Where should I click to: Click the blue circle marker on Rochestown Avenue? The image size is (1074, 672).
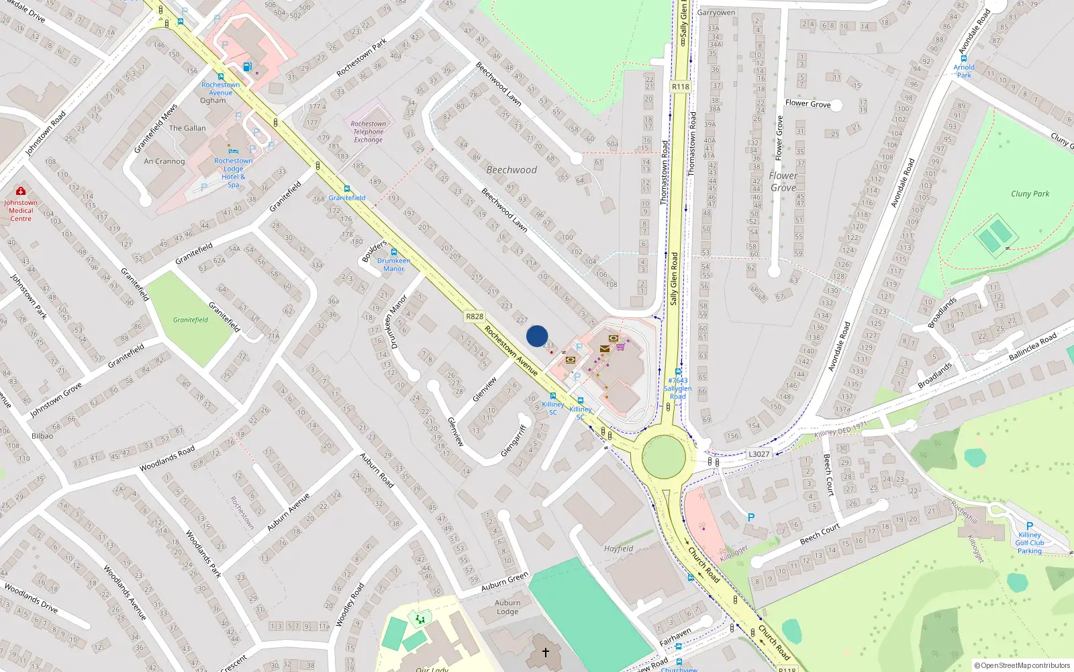coord(537,336)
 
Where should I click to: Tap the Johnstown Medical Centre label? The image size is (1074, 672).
coord(21,210)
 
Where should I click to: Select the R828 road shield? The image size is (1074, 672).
coord(475,316)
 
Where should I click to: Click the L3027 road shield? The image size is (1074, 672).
coord(759,454)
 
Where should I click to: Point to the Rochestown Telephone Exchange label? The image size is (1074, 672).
coord(369,132)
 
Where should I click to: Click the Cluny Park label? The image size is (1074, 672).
coord(1030,194)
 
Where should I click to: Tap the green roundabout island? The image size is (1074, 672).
coord(664,457)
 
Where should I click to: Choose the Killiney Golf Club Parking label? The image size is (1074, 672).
coord(1030,542)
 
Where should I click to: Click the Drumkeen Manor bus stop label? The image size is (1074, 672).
coord(393,264)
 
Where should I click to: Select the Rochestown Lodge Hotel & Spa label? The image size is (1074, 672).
coord(234,173)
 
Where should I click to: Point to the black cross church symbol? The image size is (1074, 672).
coord(546,652)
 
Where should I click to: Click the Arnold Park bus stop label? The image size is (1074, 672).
coord(964,71)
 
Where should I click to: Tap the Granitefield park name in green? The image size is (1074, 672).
coord(191,320)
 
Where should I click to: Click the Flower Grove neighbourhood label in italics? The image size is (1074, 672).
coord(783,181)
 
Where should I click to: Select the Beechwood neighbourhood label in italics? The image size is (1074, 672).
coord(511,170)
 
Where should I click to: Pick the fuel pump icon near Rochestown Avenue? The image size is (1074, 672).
coord(248,67)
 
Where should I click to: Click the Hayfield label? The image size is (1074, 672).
coord(618,548)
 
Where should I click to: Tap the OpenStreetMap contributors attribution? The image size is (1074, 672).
coord(1022,665)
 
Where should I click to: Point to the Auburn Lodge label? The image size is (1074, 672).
coord(507,607)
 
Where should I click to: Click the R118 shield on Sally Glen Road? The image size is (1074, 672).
coord(681,87)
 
